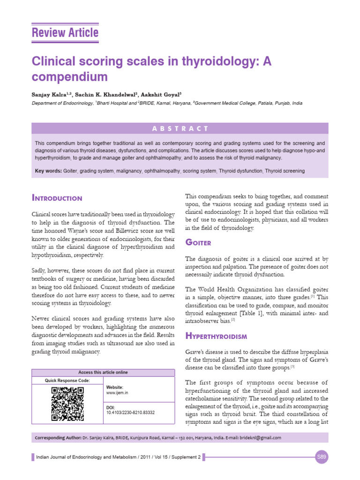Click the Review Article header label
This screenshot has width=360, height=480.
pyautogui.click(x=65, y=33)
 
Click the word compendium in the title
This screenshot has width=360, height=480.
pyautogui.click(x=69, y=76)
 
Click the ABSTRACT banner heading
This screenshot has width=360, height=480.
pyautogui.click(x=180, y=128)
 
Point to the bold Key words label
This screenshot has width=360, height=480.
pyautogui.click(x=48, y=171)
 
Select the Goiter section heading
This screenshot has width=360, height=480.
pyautogui.click(x=198, y=242)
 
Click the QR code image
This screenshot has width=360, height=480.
pyautogui.click(x=67, y=404)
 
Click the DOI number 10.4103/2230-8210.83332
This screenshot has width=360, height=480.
pyautogui.click(x=131, y=412)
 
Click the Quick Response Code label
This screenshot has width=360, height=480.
pyautogui.click(x=67, y=381)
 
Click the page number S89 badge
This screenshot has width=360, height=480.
pyautogui.click(x=321, y=457)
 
